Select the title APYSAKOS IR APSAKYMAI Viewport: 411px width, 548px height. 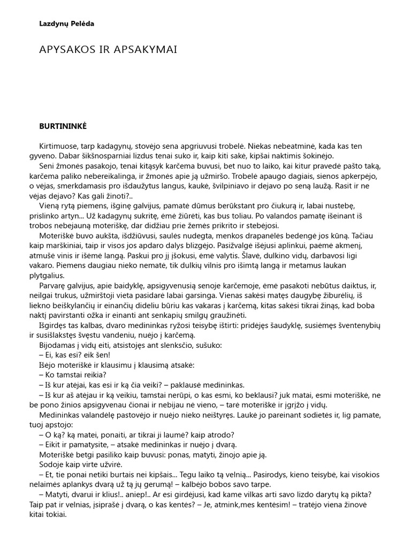click(x=108, y=49)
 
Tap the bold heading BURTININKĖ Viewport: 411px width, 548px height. click(x=63, y=126)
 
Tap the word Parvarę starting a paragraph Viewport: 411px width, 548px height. click(x=54, y=286)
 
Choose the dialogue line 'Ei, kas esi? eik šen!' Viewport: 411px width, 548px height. click(x=74, y=355)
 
